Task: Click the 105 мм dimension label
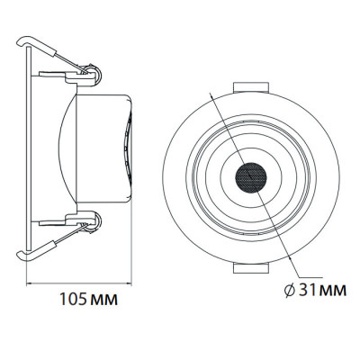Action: [x=88, y=299]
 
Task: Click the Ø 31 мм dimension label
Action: [x=315, y=290]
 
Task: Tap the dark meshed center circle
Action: [x=251, y=177]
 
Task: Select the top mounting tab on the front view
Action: [x=251, y=87]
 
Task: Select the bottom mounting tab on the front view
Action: [x=251, y=268]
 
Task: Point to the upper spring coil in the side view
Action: [x=93, y=74]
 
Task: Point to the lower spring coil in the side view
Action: [x=93, y=221]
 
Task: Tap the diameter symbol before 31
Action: [x=290, y=291]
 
